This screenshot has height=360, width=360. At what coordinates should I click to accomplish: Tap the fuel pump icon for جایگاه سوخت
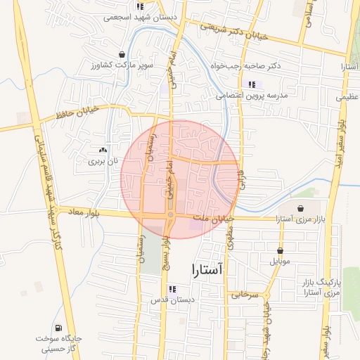pos(57,327)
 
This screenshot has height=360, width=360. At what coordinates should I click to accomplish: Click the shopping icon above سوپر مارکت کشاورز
pos(123,54)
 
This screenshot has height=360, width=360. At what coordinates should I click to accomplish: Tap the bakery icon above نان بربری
pos(103,150)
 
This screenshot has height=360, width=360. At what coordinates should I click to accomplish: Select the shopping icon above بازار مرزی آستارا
pos(302,209)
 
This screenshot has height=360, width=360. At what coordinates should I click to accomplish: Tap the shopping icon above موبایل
pos(281,250)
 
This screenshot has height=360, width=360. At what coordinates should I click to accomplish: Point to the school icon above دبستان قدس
pos(172,288)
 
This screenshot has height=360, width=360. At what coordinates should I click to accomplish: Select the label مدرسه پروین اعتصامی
pos(250,95)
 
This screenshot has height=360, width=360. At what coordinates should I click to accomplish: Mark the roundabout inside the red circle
pos(170,215)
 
